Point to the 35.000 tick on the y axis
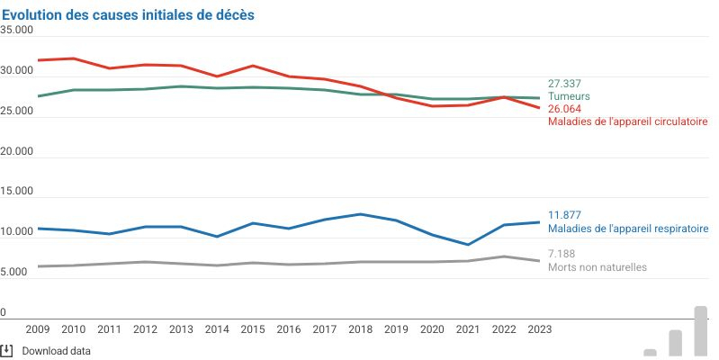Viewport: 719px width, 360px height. click(16, 30)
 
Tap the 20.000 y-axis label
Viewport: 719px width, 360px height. click(16, 151)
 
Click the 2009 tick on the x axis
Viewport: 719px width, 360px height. click(38, 330)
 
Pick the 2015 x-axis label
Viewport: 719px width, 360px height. click(254, 330)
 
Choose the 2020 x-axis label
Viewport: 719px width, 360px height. click(432, 330)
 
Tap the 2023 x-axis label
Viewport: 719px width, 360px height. click(538, 330)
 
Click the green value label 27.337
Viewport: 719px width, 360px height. click(564, 83)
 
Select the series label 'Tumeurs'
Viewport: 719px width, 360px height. click(569, 95)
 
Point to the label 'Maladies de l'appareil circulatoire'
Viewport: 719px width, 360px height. click(627, 121)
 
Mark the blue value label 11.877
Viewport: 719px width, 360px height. click(564, 215)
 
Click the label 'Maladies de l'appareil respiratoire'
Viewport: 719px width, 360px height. click(628, 229)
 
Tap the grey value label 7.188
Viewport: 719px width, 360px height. click(562, 255)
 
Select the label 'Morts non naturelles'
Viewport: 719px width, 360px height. click(597, 267)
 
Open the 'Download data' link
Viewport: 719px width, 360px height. click(56, 351)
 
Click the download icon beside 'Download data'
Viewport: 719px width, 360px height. click(6, 350)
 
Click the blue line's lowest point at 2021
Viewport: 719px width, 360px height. click(468, 245)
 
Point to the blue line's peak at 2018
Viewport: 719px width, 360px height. click(361, 214)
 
